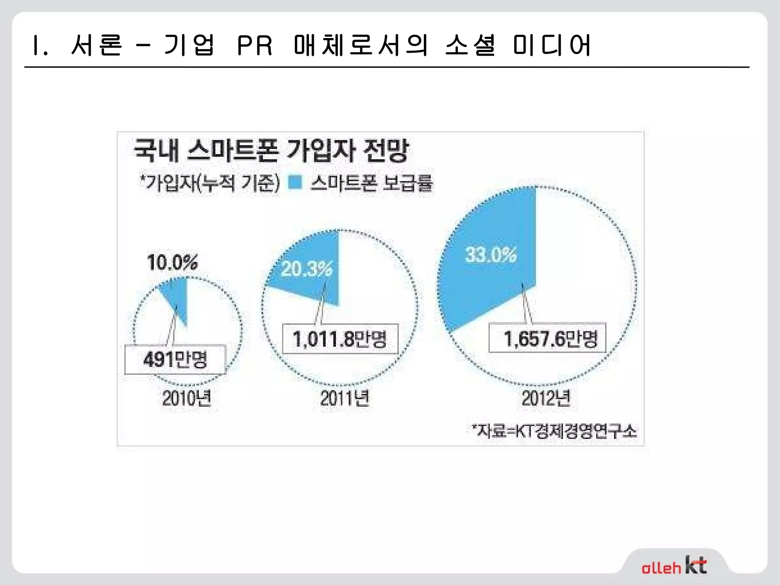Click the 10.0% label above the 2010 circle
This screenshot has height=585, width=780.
tap(173, 262)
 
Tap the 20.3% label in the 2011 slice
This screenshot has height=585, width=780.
tap(307, 269)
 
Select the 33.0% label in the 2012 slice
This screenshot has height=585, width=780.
tap(491, 254)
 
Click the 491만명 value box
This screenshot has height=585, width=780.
tap(175, 360)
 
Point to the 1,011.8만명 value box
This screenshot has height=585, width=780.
tap(340, 339)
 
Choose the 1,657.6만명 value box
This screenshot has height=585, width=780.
tap(547, 338)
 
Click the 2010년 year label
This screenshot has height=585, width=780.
tap(187, 398)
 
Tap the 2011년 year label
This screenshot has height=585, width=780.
tap(345, 398)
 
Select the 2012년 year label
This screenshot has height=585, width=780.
tap(546, 398)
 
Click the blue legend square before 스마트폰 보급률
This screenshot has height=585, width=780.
tap(295, 182)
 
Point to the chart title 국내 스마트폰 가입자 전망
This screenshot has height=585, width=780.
tap(271, 150)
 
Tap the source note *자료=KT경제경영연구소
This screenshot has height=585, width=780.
tap(554, 431)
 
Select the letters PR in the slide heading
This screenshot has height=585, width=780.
tap(254, 46)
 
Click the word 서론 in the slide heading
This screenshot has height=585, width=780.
tap(97, 46)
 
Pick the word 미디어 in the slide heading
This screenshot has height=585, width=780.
tap(552, 46)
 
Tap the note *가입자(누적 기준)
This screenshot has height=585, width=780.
tap(210, 183)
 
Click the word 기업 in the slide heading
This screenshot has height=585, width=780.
tap(189, 46)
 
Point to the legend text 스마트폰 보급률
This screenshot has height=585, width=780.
tap(372, 183)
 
